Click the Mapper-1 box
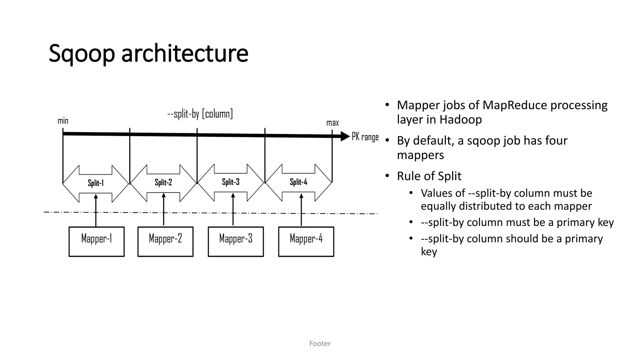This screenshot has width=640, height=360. point(96,242)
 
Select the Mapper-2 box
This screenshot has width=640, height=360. point(165,242)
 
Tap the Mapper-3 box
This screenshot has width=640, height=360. point(236,242)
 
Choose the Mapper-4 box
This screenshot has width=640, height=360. point(306,242)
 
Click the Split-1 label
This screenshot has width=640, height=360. point(96,183)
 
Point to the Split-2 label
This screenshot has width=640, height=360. point(163,182)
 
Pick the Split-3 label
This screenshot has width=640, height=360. point(231,182)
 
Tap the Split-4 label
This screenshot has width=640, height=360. point(298,182)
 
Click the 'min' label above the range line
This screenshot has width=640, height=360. point(63,121)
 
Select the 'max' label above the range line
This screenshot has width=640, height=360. point(332,123)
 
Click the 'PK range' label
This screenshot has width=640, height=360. point(365,137)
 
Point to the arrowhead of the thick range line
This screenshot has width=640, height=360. point(345,136)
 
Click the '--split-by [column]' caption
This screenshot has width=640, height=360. point(200,114)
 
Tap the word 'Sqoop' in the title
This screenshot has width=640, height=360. point(82,54)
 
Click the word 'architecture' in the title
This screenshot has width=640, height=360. point(185,54)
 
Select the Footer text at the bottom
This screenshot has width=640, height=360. point(320,343)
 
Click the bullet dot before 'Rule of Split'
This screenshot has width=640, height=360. point(387,176)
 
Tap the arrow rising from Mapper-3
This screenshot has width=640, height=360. point(233,209)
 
